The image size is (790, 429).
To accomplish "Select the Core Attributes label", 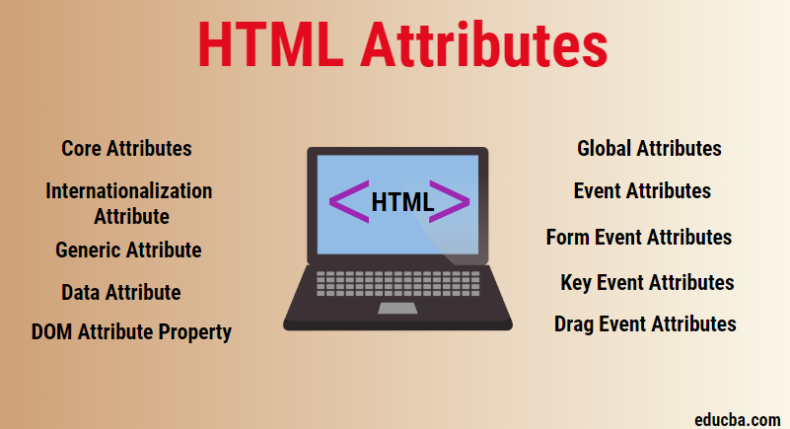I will click(x=126, y=149).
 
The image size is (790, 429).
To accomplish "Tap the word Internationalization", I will click(x=129, y=190).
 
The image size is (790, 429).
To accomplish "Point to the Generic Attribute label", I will click(x=128, y=250).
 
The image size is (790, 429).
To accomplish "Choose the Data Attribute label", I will click(x=120, y=292).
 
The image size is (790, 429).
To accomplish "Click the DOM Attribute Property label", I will click(x=131, y=332).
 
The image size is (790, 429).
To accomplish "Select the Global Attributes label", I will click(x=649, y=149).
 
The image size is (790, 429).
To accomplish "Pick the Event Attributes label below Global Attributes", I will click(x=642, y=190).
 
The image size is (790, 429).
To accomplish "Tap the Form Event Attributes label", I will click(x=639, y=237).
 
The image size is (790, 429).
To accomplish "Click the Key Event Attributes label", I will click(x=647, y=282).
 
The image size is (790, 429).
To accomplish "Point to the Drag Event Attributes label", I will click(x=645, y=323).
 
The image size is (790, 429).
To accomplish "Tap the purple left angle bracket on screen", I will click(x=348, y=201).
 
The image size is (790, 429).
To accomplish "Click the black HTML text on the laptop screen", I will click(x=401, y=202).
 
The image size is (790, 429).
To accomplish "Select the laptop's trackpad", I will click(x=397, y=309).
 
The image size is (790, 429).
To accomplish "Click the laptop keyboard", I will click(x=397, y=283).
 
